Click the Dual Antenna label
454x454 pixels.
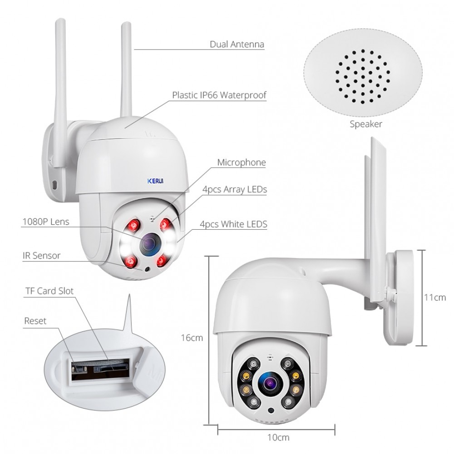tap(237, 44)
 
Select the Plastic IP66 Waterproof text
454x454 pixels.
tap(219, 95)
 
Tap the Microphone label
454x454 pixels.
tap(242, 163)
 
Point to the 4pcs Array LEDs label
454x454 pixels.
tap(235, 189)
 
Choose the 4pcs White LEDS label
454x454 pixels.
tap(233, 224)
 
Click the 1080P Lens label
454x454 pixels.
tap(46, 222)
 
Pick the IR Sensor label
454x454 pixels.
tap(41, 256)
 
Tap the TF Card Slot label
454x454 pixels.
tap(49, 291)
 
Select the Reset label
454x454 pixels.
tap(35, 321)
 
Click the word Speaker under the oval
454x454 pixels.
tap(365, 124)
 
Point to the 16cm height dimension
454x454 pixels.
tap(192, 338)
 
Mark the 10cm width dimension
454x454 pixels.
tap(278, 437)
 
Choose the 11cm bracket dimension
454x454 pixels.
tap(435, 297)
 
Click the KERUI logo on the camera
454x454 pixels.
tap(155, 181)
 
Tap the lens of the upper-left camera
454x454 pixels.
tap(150, 245)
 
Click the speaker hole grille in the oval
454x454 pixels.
tap(363, 76)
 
